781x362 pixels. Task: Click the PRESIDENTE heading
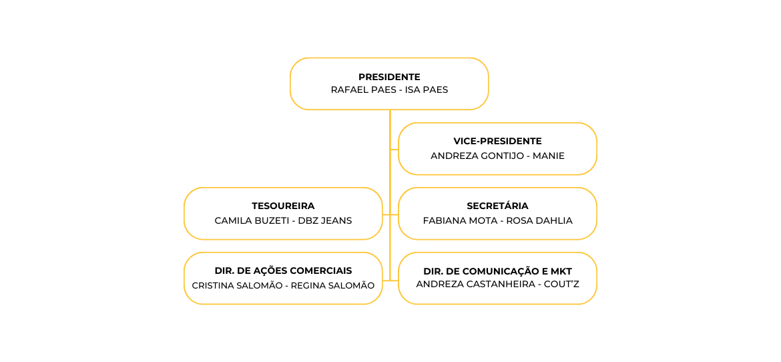point(390,77)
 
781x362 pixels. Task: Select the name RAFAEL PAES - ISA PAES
point(390,90)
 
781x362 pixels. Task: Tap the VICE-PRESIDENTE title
point(497,142)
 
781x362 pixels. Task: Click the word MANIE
point(549,156)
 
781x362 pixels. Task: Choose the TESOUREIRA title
point(284,206)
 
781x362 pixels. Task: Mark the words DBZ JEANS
point(325,221)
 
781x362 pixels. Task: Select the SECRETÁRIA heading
point(497,206)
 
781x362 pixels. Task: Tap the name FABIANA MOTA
point(460,221)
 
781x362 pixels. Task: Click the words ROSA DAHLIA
point(539,221)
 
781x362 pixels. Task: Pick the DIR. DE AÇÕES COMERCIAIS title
point(283,270)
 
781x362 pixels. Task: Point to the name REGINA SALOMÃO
point(332,285)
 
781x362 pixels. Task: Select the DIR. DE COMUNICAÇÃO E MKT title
point(497,271)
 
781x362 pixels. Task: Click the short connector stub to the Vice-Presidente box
point(395,149)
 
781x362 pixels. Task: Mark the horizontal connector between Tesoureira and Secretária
point(390,214)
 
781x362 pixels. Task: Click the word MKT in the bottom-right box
point(561,271)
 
